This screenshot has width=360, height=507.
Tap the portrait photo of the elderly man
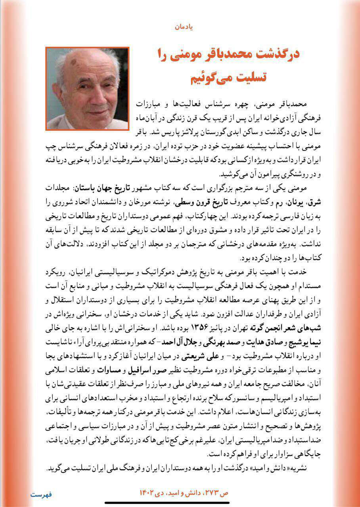coord(88,89)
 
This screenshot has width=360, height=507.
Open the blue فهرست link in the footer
coord(41,494)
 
